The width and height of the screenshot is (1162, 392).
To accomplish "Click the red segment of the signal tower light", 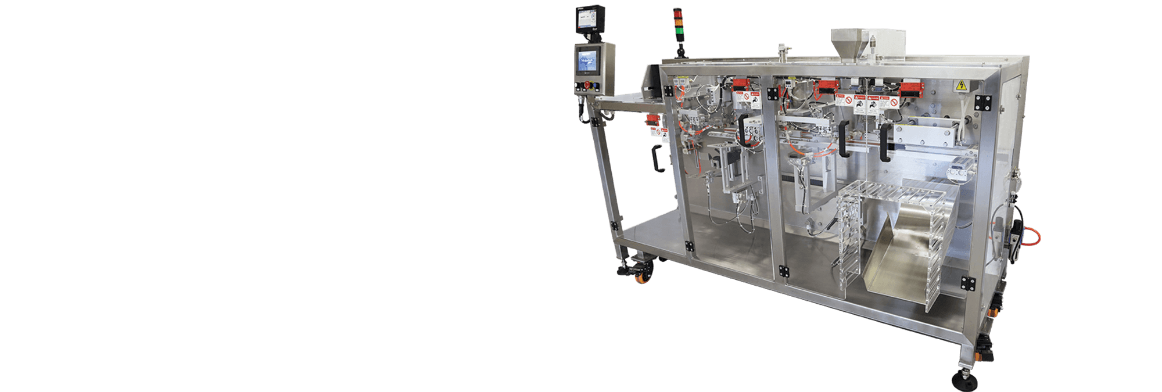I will [677, 11].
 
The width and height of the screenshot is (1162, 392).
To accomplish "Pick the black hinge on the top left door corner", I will [667, 91].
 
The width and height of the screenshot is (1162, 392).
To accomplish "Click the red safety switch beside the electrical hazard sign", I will [912, 90].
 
